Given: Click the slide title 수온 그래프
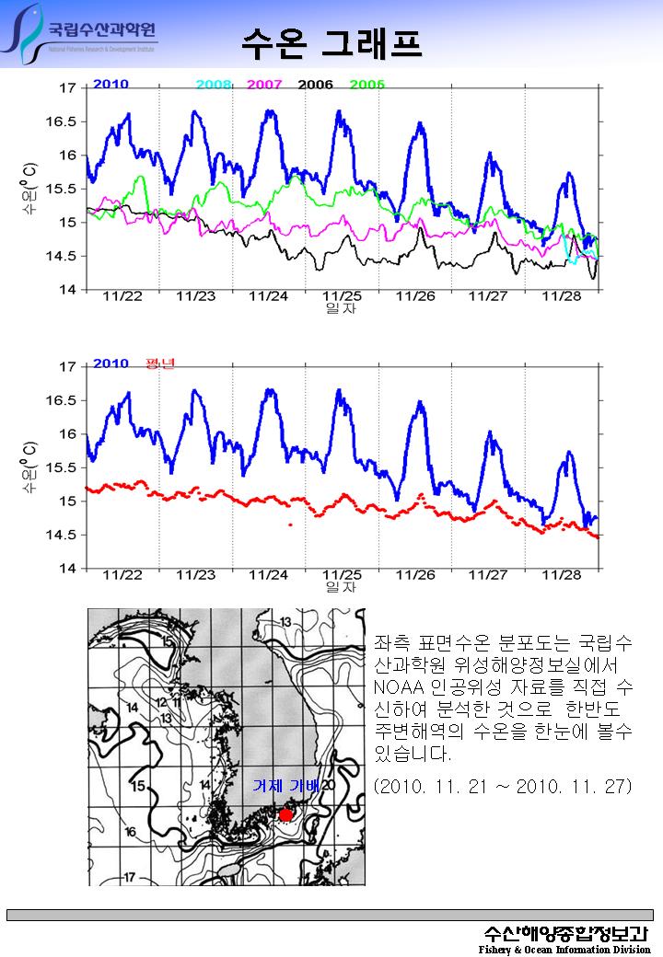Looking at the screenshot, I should pos(331,41).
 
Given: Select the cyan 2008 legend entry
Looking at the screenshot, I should pos(214,85).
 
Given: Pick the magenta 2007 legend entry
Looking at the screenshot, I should pos(264,85).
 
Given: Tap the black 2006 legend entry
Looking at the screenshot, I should pos(315,85).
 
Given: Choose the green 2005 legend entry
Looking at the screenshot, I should pos(366,85).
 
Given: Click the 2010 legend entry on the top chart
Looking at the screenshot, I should pos(110,84).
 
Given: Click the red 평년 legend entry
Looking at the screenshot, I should pos(160,363).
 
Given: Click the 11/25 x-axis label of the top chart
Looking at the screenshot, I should pos(342,296).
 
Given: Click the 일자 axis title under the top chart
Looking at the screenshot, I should pos(341,309).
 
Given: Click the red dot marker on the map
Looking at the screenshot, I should pos(285,815).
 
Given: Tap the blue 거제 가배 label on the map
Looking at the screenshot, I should pos(285,787).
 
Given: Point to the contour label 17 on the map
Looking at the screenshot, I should pos(130,876).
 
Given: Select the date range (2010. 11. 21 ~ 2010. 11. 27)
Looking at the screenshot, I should pos(502,787).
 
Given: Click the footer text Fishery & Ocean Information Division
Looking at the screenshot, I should pos(564,949).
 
